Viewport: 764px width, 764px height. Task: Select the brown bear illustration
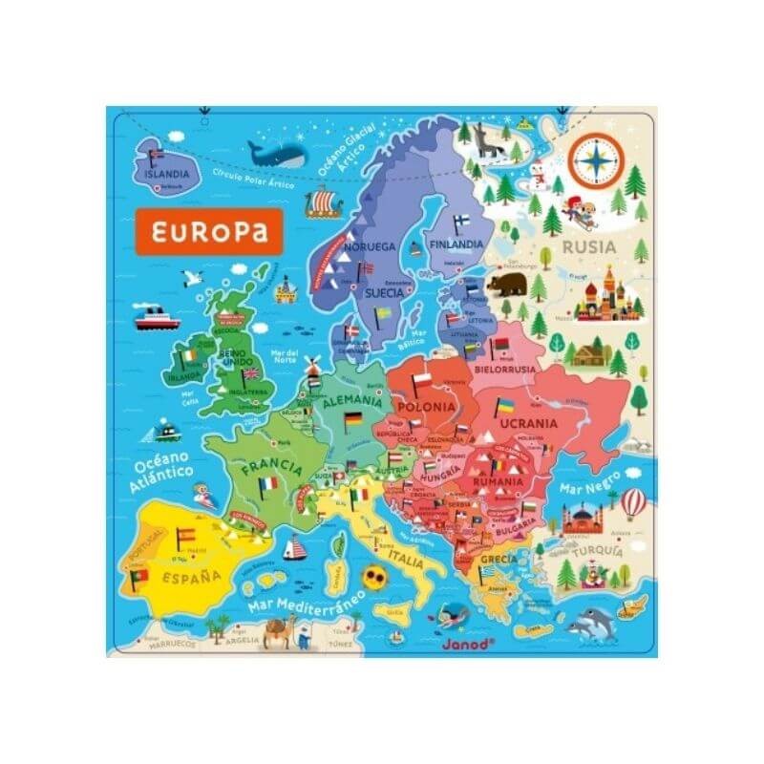(509, 283)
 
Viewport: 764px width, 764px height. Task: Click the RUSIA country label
(589, 247)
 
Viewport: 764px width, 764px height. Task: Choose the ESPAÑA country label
(187, 577)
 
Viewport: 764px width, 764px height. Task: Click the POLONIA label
(426, 406)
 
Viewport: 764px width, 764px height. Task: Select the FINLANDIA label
(456, 244)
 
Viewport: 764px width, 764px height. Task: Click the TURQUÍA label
(598, 552)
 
